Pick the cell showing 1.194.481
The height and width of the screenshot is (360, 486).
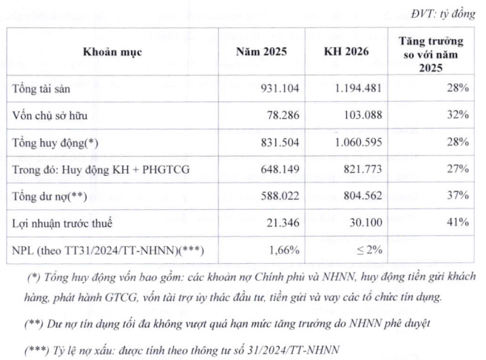[358, 88]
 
